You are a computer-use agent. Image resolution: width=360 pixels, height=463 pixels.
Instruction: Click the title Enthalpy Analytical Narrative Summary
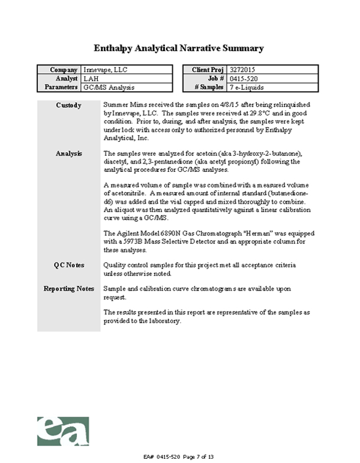179,47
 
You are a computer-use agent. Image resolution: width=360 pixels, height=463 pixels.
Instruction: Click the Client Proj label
208,70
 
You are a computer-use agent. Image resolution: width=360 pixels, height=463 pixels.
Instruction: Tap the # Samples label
208,87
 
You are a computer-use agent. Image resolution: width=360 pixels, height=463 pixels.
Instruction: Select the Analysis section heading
68,154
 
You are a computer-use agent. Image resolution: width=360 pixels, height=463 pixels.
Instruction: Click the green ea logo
63,431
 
